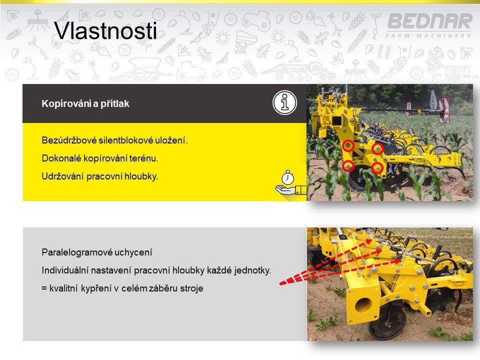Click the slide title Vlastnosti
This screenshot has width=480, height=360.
(105, 30)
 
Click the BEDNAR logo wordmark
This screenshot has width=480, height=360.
(430, 21)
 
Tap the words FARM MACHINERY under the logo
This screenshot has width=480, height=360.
(428, 36)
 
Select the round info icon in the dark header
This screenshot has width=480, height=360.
(284, 102)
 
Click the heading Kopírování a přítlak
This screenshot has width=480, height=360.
(85, 104)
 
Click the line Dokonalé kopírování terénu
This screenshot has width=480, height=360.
(100, 158)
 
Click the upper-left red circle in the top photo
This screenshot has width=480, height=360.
(348, 145)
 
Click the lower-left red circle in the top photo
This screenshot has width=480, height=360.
(348, 166)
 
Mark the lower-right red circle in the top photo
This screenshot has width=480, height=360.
(377, 168)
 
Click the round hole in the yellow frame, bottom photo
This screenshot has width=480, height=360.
(364, 305)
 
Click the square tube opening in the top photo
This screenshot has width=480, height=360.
(336, 121)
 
